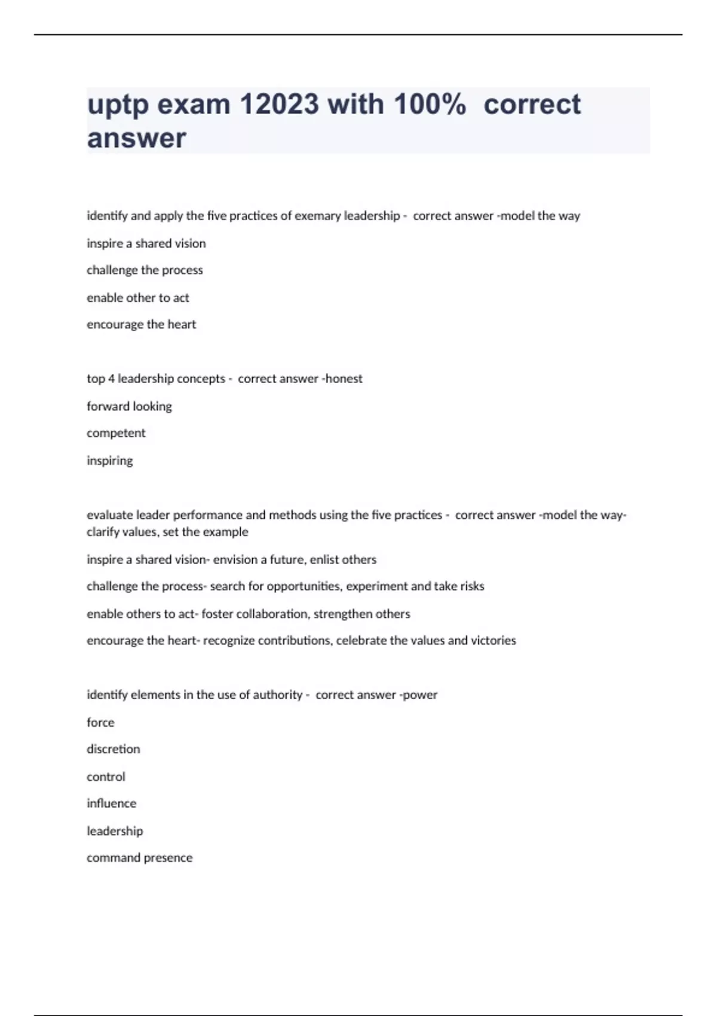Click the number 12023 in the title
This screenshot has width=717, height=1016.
[x=279, y=105]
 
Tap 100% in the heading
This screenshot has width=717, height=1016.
[x=429, y=105]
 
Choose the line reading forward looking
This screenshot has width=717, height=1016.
[x=129, y=406]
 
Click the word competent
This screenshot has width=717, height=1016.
[x=116, y=433]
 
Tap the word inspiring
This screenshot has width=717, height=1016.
[x=110, y=461]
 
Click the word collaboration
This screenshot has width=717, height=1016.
[x=272, y=614]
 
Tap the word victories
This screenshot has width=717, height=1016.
[x=493, y=641]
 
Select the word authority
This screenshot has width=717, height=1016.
[x=277, y=695]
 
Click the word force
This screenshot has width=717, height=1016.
[x=100, y=723]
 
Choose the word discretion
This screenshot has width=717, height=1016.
[x=114, y=749]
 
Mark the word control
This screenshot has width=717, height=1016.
[x=106, y=777]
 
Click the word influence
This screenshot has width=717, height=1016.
[x=112, y=804]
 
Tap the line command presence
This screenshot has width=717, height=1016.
[x=140, y=858]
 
